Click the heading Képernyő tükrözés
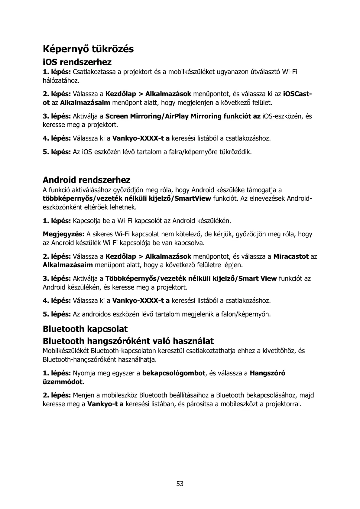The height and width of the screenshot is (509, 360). click(88, 49)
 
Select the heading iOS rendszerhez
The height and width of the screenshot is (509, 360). click(77, 62)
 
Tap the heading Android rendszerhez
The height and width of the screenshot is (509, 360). click(86, 180)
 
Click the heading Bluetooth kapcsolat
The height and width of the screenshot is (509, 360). click(85, 329)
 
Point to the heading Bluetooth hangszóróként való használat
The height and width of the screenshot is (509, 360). click(128, 341)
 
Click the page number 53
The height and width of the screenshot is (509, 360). click(180, 484)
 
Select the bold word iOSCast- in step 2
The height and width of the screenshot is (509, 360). click(297, 94)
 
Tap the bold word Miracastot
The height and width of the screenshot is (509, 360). click(291, 257)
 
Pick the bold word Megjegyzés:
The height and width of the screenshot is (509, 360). click(63, 234)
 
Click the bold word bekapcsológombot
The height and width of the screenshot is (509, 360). click(174, 373)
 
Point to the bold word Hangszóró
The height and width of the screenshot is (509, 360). click(267, 373)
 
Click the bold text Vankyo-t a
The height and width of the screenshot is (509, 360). click(105, 404)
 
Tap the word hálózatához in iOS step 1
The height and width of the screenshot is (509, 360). click(61, 81)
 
